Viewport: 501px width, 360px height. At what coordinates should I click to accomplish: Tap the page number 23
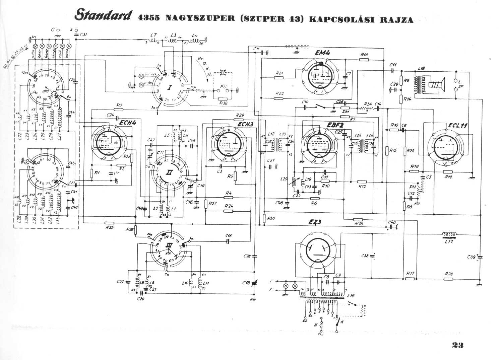(457, 345)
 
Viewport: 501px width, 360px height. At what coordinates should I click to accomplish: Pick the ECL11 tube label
(458, 126)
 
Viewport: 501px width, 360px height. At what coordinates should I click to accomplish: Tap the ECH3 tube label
(245, 124)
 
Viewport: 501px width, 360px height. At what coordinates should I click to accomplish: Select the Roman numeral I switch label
(170, 88)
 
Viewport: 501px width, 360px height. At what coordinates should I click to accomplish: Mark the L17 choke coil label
(449, 241)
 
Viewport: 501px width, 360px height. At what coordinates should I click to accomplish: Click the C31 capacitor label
(83, 34)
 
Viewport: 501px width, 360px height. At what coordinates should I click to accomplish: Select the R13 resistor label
(365, 55)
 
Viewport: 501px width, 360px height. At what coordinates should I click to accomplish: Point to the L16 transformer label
(351, 296)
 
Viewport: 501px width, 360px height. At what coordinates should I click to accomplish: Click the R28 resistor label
(449, 274)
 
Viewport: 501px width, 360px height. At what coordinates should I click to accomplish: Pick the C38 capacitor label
(365, 256)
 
